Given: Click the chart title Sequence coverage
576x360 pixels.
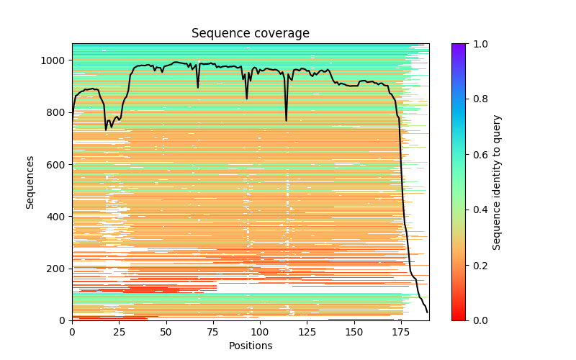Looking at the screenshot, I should tap(250, 34).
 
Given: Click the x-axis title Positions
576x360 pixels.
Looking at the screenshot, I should tap(250, 346).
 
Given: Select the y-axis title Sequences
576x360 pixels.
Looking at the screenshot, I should tap(30, 182).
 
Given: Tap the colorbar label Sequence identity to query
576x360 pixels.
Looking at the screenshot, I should tap(497, 182).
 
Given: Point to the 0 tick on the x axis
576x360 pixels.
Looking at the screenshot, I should tap(72, 331).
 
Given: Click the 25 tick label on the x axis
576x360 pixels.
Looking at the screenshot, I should tap(119, 331).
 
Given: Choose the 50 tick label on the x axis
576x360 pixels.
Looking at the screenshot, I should tap(166, 331).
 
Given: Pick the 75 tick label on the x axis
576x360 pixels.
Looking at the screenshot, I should tap(213, 331).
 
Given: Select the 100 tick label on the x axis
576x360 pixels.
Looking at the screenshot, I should tap(260, 331).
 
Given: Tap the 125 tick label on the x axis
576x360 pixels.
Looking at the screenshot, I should tap(307, 331).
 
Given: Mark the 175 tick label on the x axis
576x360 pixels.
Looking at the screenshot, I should tap(401, 331).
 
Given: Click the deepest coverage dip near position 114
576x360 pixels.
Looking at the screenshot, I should tap(286, 120).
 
